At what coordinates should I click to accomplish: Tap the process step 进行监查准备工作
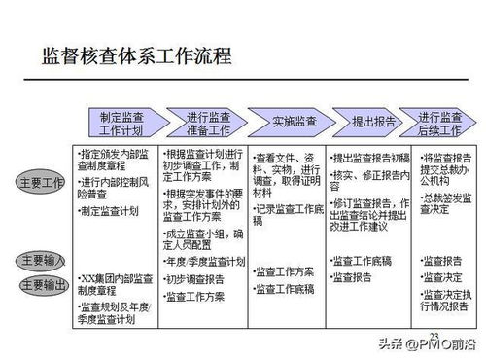[x=205, y=123]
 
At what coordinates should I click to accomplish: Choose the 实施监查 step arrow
[x=292, y=123]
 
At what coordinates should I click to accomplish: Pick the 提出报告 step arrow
[x=372, y=123]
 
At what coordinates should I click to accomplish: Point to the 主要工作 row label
[x=42, y=182]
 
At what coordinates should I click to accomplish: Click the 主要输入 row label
[x=42, y=260]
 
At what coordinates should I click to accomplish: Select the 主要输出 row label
[x=42, y=284]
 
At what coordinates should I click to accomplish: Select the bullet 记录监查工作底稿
[x=288, y=208]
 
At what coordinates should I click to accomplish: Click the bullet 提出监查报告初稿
[x=370, y=157]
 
